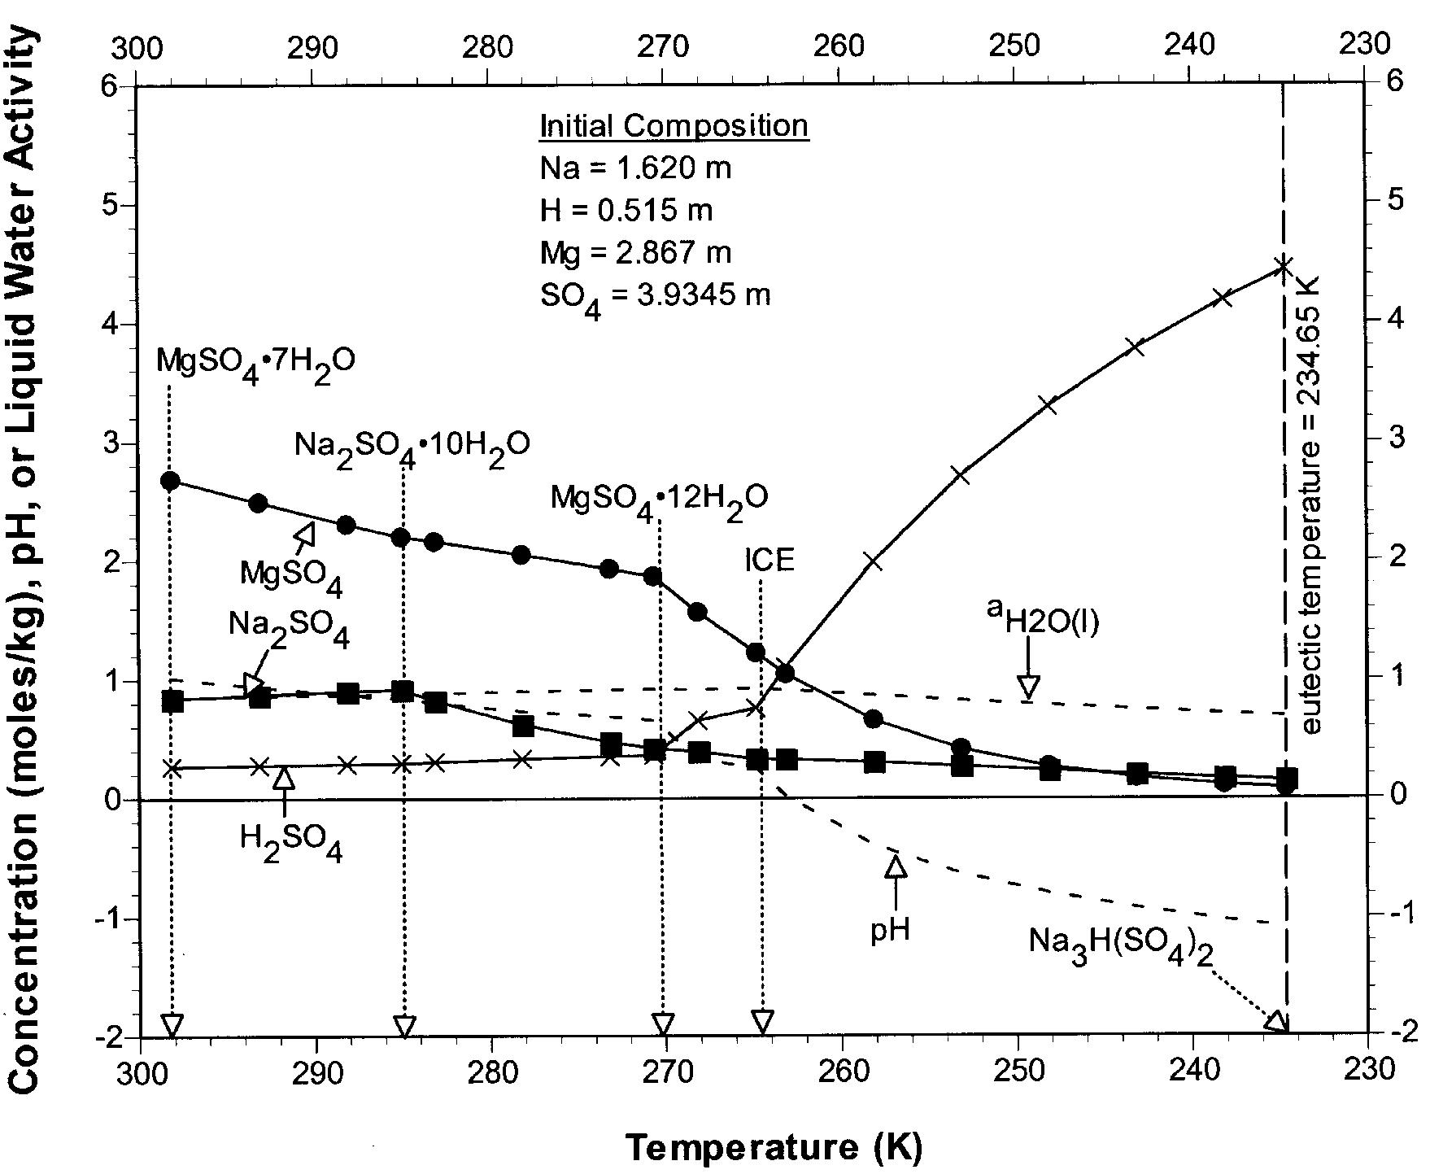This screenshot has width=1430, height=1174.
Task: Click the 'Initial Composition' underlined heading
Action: [x=674, y=126]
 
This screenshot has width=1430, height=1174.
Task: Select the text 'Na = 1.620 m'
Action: [x=636, y=168]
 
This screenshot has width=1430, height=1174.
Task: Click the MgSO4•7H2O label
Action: [x=255, y=360]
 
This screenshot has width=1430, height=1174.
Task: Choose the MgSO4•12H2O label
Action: [x=659, y=498]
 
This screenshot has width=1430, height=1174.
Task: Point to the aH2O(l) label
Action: [x=1043, y=622]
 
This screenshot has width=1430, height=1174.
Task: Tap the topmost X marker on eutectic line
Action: [x=1283, y=266]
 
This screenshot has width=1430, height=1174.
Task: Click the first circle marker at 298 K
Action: [x=170, y=480]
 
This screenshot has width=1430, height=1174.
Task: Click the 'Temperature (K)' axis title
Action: [x=774, y=1147]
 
